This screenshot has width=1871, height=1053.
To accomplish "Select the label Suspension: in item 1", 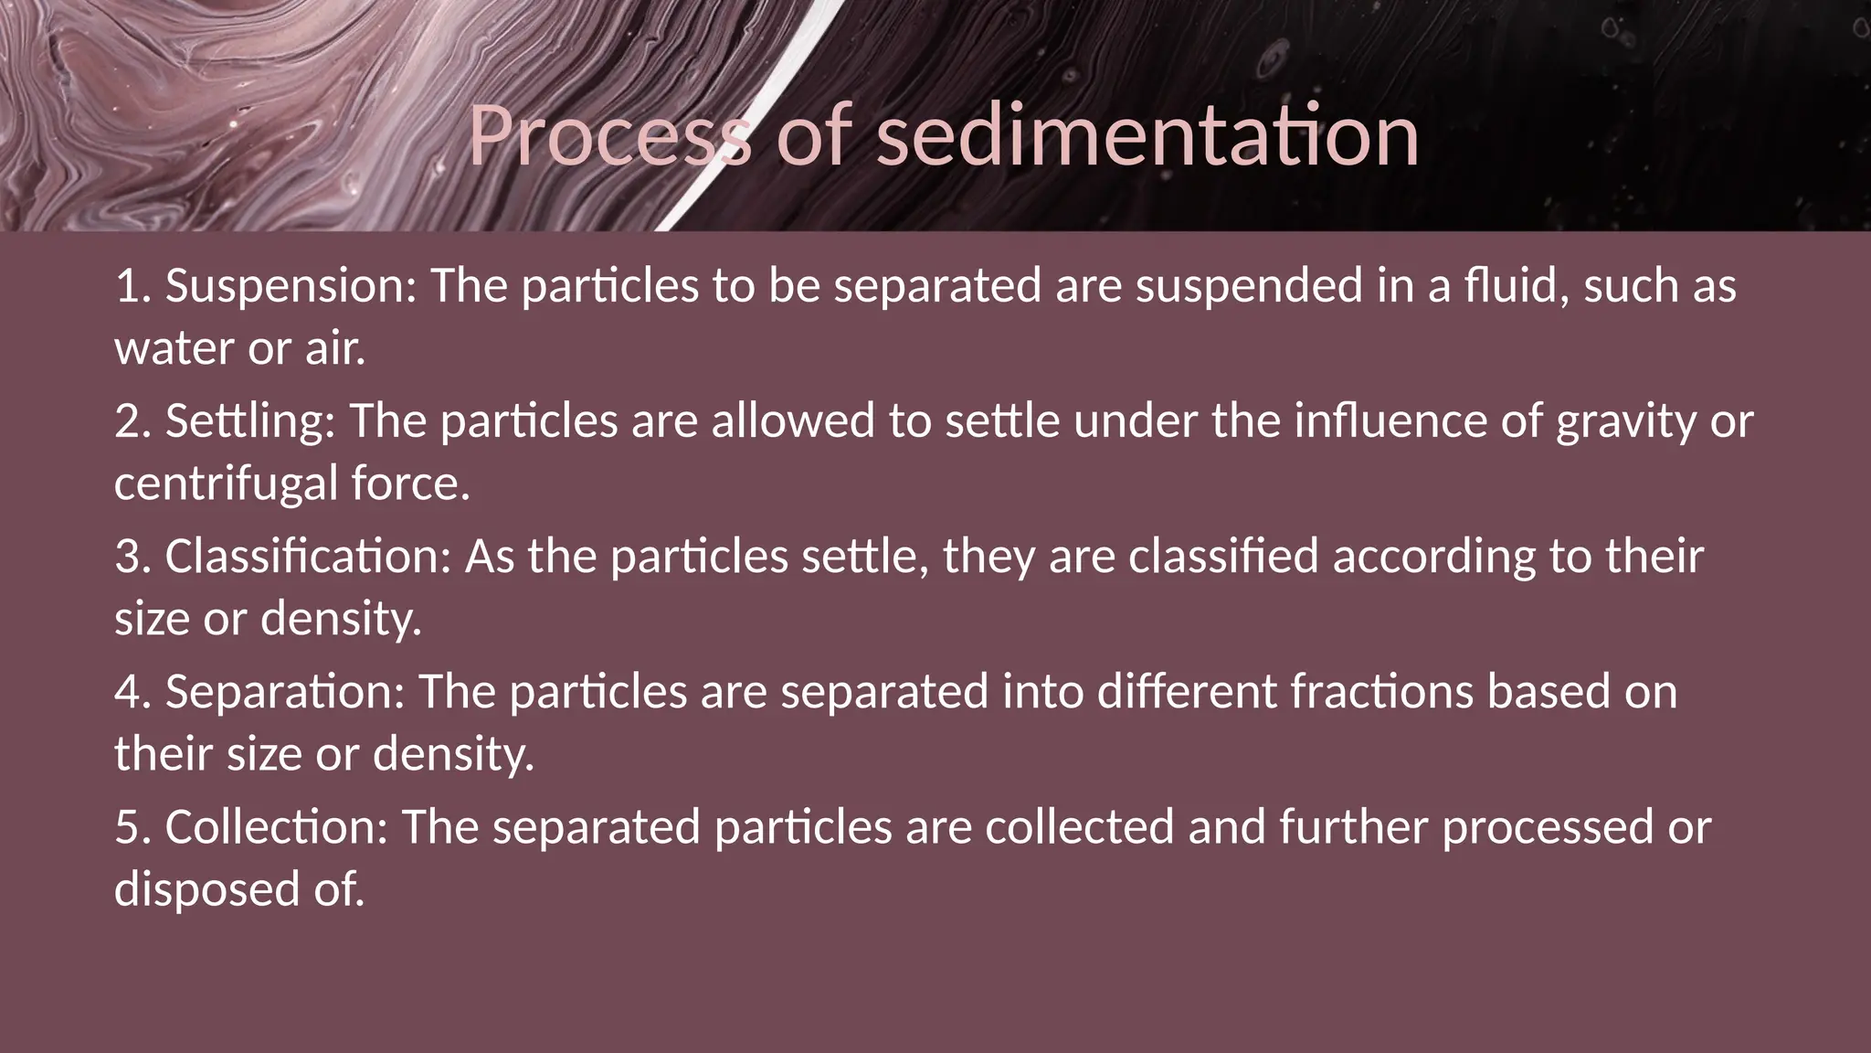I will click(291, 286).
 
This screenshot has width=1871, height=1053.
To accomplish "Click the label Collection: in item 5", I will click(277, 826).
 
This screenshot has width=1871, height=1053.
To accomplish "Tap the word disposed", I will click(206, 889).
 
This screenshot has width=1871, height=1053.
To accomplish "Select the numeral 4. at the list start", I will click(132, 691).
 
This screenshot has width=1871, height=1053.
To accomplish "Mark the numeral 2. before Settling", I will click(132, 421).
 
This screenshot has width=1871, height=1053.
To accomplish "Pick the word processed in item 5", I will click(1548, 826).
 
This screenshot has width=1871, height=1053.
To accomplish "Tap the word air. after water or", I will click(335, 349).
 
